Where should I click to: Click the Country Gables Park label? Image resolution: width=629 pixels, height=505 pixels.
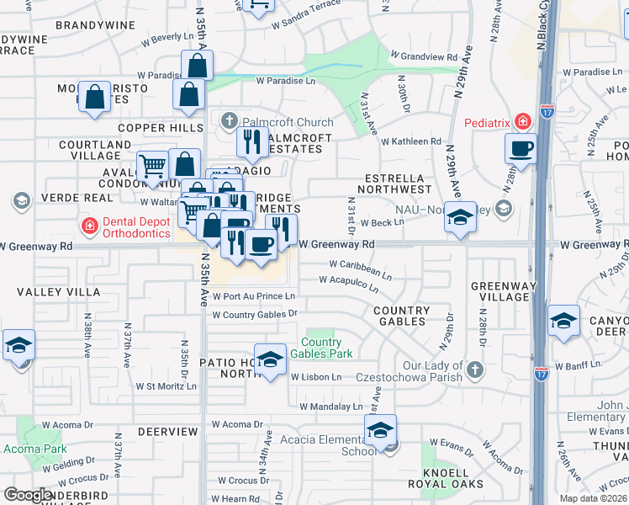320,348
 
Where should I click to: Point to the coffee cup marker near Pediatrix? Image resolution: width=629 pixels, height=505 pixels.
521,149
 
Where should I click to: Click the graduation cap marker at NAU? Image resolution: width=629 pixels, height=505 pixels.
460,218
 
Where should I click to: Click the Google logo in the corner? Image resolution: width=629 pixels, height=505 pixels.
27,495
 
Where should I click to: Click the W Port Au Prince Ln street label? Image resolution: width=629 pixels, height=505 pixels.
253,296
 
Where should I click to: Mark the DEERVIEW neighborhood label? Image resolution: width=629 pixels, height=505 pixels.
167,431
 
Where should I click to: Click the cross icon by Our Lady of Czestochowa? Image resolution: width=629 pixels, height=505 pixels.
475,369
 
